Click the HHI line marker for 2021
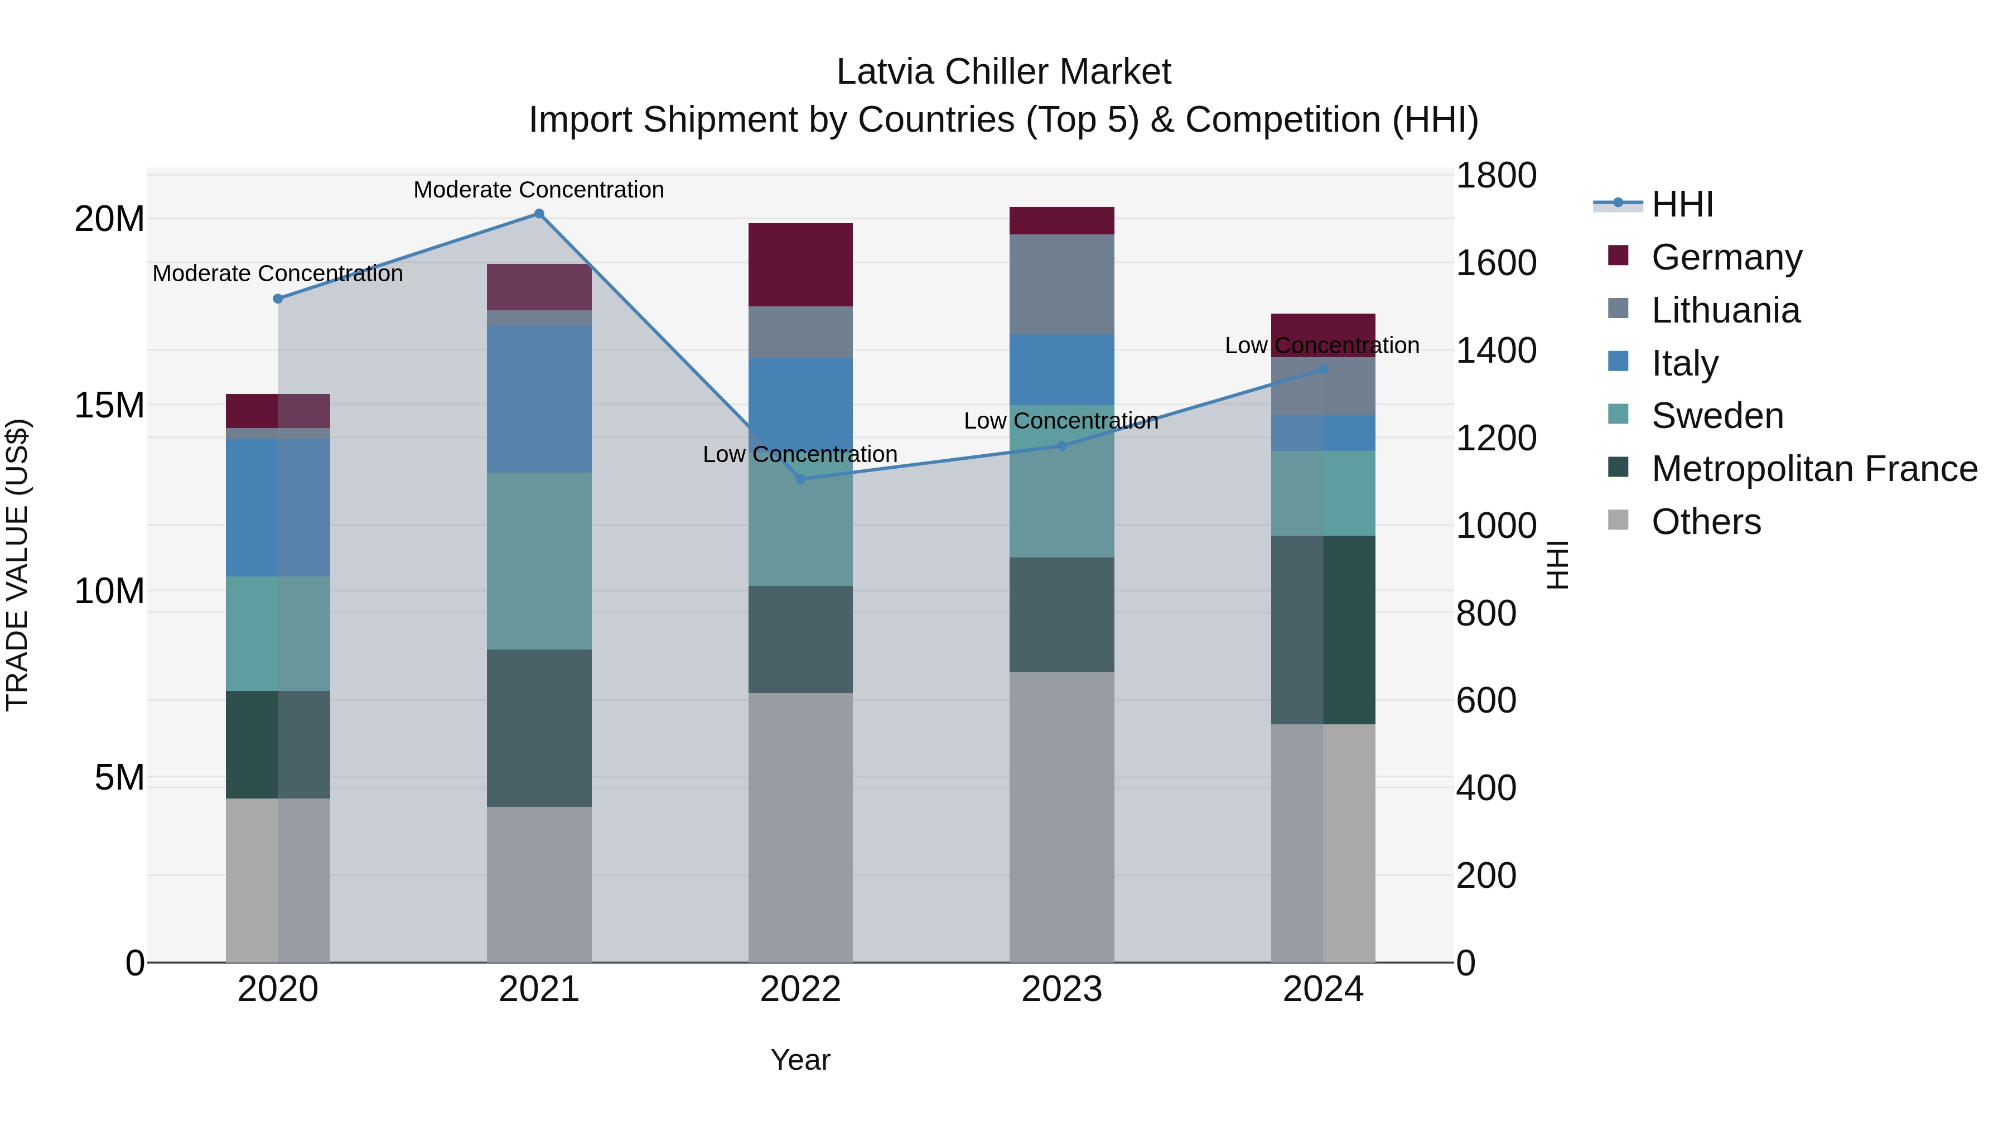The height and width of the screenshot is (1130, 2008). (539, 214)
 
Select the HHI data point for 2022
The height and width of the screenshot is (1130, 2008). (800, 479)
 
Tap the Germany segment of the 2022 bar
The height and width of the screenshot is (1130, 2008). (800, 265)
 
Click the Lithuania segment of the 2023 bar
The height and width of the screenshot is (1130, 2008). (1061, 285)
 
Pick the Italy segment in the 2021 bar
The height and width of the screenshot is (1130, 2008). (539, 398)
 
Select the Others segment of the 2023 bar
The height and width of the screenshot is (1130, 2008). (1061, 818)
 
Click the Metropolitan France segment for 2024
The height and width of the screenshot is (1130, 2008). (1323, 630)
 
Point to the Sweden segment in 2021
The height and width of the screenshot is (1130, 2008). (539, 561)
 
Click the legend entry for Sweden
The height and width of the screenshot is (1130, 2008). (1716, 416)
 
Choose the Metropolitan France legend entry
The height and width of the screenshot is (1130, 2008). (1813, 469)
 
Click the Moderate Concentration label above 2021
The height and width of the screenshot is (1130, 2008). (539, 190)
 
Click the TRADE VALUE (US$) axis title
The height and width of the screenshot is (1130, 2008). (18, 565)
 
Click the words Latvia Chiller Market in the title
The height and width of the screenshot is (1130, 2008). (1003, 72)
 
